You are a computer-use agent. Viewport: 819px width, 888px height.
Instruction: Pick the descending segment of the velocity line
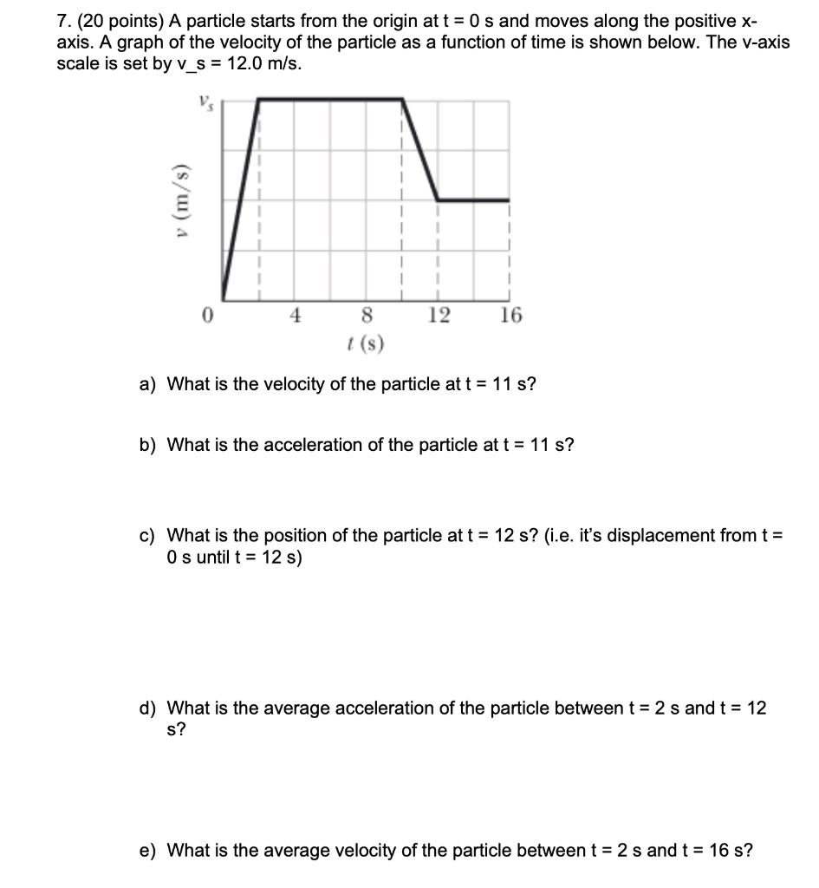[420, 150]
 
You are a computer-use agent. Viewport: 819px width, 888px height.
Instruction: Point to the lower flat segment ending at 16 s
[473, 200]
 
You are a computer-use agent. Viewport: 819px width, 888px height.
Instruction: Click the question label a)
[148, 383]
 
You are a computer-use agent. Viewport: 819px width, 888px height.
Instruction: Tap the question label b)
[148, 445]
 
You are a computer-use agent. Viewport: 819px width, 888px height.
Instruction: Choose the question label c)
[147, 535]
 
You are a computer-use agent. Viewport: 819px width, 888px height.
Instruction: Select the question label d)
[148, 708]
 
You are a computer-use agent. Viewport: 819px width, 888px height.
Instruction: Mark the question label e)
[148, 850]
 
